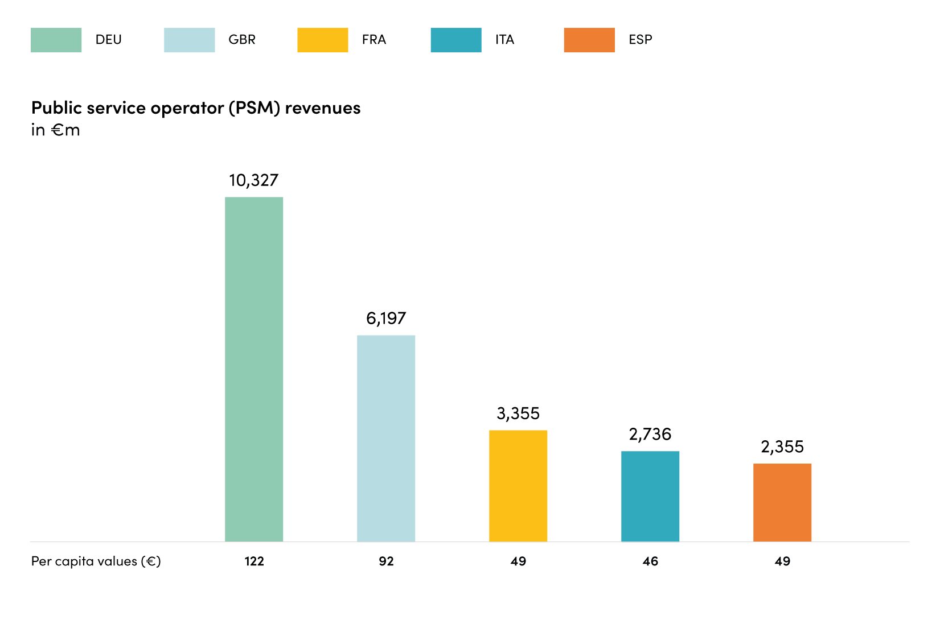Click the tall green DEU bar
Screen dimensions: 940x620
pos(254,369)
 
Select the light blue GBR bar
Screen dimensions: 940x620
pos(386,438)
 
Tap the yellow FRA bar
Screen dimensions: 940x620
pos(518,486)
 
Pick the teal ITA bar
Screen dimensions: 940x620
pos(650,497)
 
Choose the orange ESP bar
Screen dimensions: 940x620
pos(782,503)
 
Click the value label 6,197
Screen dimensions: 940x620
pos(386,319)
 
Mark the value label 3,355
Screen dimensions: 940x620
pos(518,414)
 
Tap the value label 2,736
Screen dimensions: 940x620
pos(650,435)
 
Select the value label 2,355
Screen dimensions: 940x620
pos(782,447)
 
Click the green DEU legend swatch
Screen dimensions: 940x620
pos(56,40)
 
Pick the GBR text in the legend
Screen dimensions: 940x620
pos(242,39)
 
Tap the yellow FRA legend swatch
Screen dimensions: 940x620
pos(323,40)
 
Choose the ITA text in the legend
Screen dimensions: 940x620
pos(504,39)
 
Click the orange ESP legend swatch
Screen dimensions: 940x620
pos(589,40)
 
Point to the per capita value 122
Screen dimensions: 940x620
pos(255,561)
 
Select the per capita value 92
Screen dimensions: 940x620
pos(386,561)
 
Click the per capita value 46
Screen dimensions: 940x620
pos(650,561)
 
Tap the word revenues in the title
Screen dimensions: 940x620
pos(323,108)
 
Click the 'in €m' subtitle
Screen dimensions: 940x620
pos(55,130)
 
